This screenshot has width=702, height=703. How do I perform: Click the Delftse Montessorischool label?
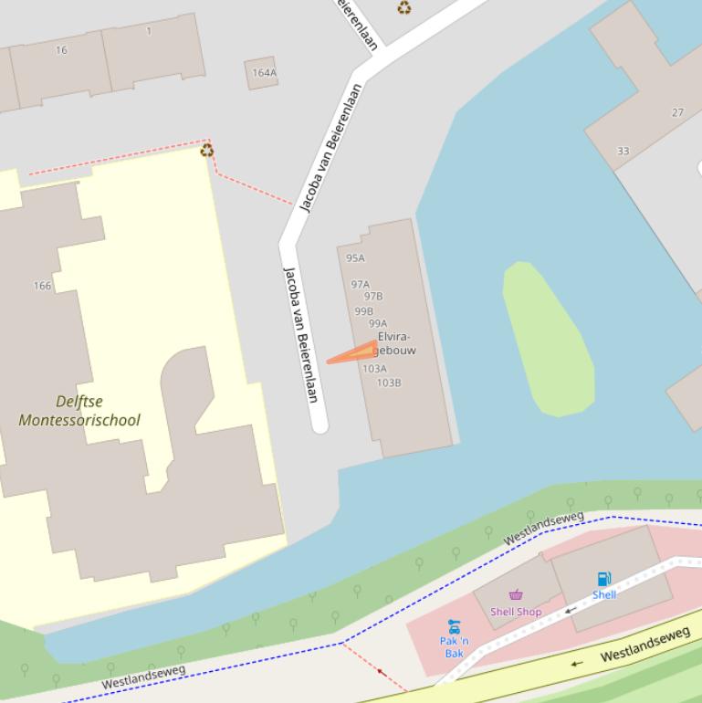(79, 411)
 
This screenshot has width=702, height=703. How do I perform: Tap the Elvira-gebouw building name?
(394, 343)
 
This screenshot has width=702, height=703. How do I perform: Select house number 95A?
(355, 258)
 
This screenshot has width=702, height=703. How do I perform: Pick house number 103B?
(389, 383)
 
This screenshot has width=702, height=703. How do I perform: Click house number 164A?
(264, 73)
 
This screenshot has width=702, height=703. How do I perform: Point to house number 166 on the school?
(42, 286)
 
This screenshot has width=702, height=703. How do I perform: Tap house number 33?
(623, 151)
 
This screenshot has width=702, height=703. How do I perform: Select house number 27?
(677, 112)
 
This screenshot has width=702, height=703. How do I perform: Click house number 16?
(61, 50)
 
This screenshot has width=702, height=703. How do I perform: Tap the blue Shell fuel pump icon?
(603, 579)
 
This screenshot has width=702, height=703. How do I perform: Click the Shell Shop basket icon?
(516, 595)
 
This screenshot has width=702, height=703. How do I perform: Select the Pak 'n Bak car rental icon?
(454, 626)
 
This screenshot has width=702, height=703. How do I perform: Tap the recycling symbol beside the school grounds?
(207, 151)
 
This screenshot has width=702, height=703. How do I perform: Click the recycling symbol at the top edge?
(403, 8)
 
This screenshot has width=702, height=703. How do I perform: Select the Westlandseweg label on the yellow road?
(644, 643)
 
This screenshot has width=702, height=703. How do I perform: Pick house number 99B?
(363, 311)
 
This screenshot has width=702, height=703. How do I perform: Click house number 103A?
(374, 369)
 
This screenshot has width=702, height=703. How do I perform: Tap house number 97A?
(360, 285)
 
